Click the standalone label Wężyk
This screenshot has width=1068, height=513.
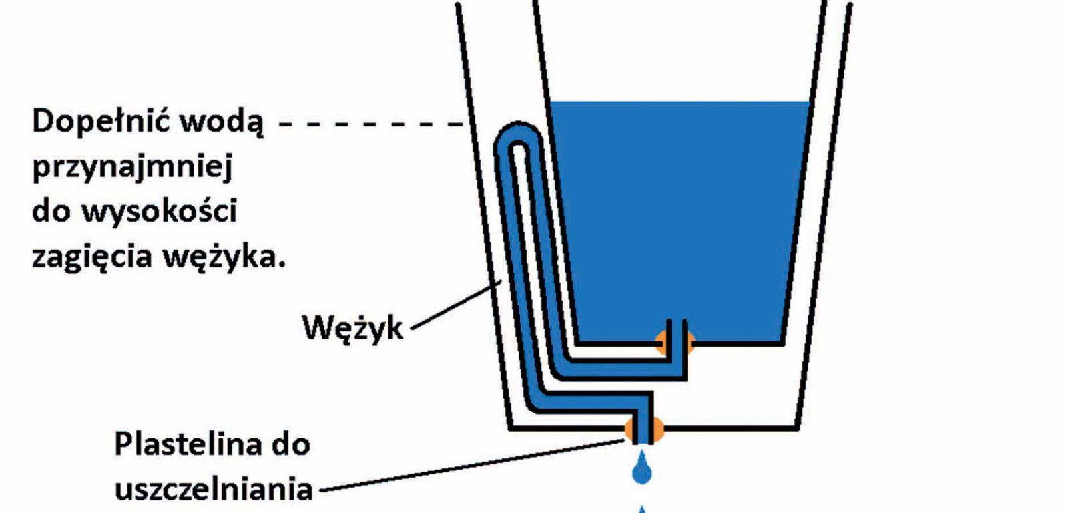tap(352, 328)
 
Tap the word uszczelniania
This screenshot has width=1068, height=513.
tap(214, 490)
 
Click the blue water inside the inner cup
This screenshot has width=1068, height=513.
tap(681, 214)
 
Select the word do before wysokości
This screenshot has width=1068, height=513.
tap(51, 212)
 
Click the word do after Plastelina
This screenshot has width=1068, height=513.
tap(290, 444)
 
